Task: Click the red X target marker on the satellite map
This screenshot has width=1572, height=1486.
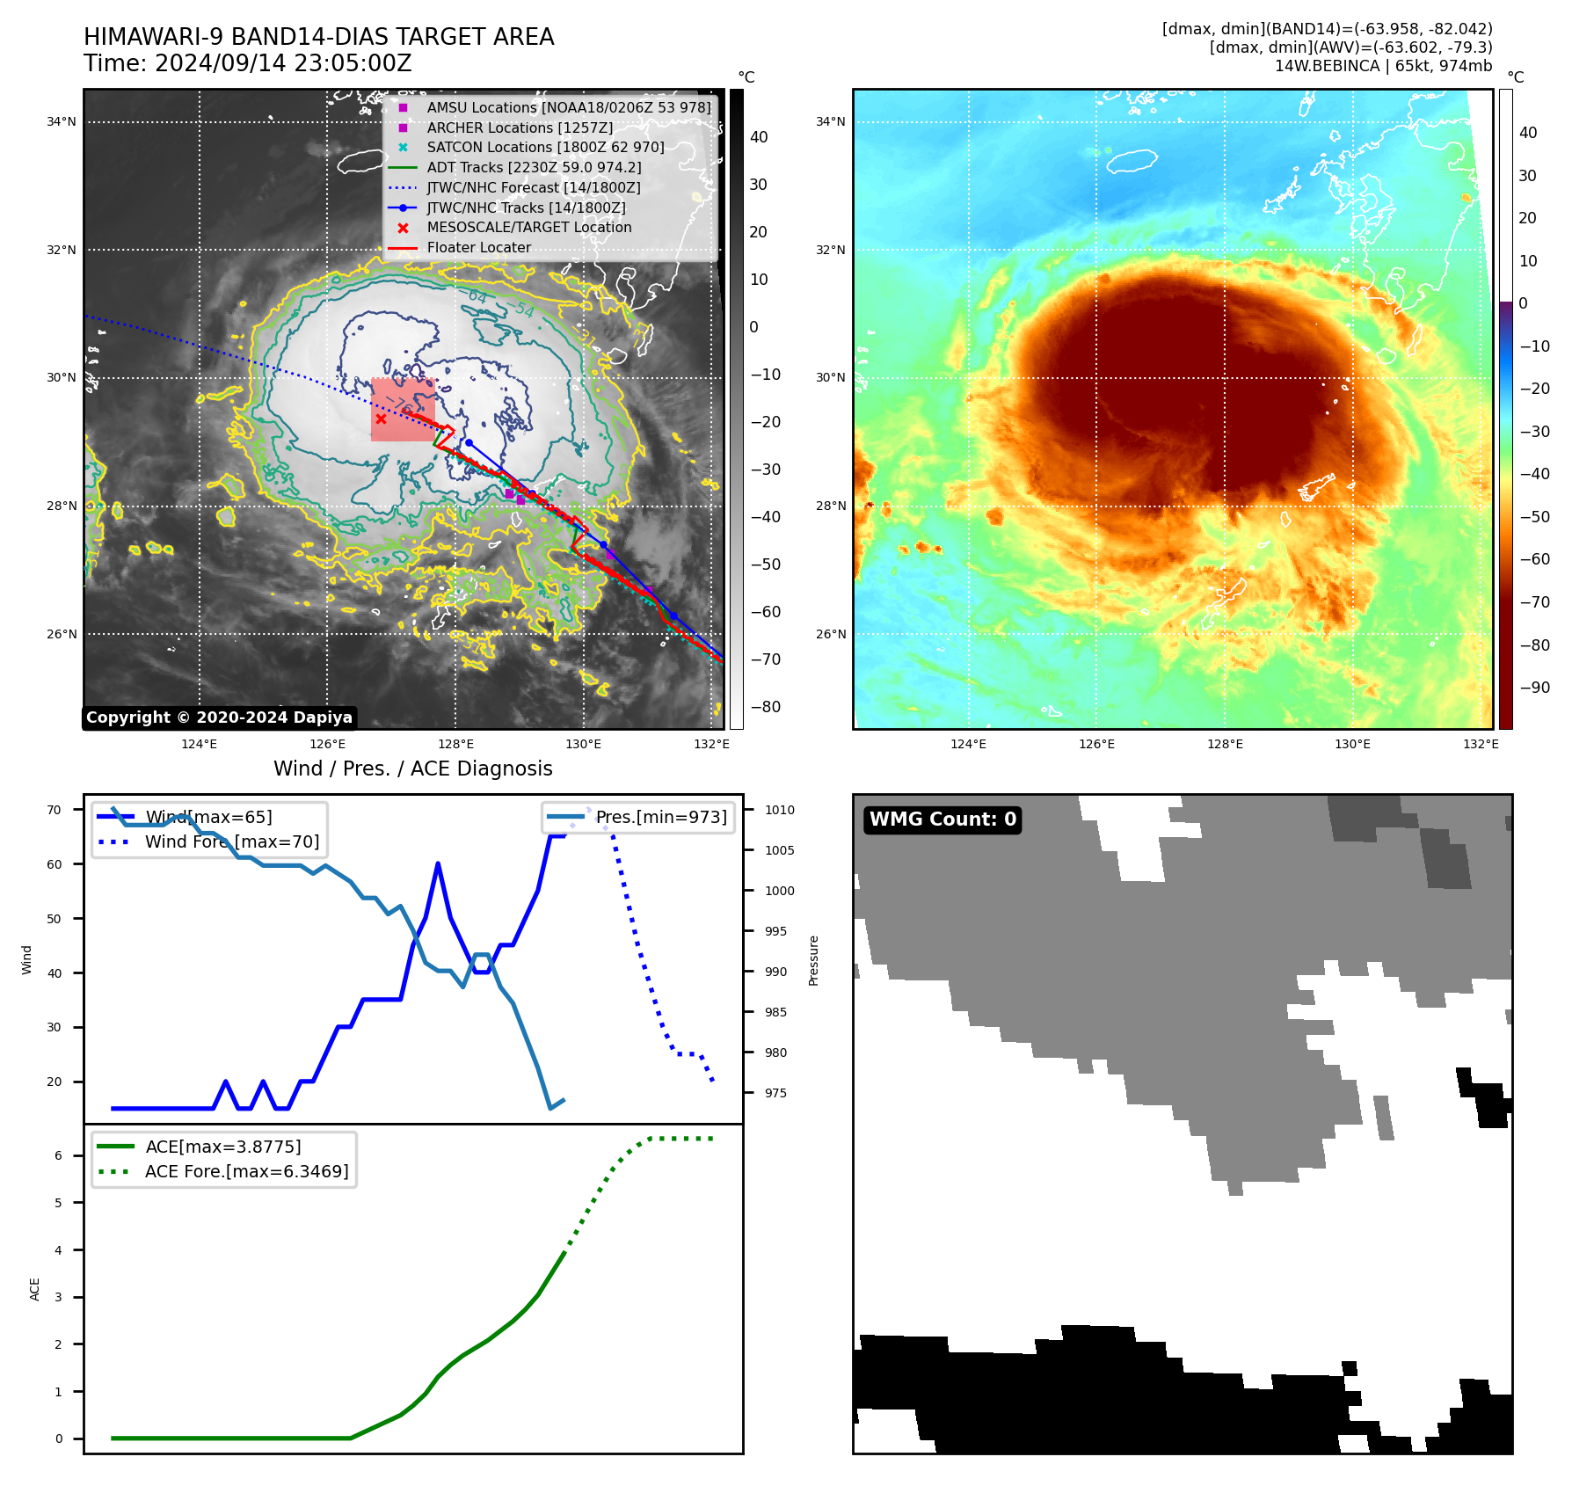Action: click(x=381, y=419)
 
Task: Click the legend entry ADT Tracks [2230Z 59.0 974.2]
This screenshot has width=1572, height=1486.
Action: click(x=534, y=167)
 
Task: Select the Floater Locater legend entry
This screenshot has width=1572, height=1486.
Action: click(x=478, y=248)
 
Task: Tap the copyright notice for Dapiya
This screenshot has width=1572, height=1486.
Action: click(x=219, y=718)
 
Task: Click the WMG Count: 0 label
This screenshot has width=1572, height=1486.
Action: click(x=942, y=819)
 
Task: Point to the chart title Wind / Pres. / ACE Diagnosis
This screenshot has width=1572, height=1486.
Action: click(x=412, y=768)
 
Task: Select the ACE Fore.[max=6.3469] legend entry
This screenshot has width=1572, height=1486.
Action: click(x=246, y=1171)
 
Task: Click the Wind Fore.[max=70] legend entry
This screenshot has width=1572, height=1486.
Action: click(x=232, y=842)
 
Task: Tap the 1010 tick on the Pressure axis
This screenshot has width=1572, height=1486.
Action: click(x=779, y=810)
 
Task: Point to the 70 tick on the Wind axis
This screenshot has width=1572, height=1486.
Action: click(x=55, y=810)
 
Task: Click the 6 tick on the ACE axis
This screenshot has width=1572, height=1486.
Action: click(x=59, y=1155)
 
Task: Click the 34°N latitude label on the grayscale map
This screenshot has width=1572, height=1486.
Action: click(x=62, y=122)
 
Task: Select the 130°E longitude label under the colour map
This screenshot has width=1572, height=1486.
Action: click(x=1352, y=744)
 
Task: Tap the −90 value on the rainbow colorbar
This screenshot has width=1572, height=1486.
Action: click(x=1534, y=688)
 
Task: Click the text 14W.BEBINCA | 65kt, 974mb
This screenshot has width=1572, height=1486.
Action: click(x=1383, y=66)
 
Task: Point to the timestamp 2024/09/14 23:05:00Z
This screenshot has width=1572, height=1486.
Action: click(x=283, y=63)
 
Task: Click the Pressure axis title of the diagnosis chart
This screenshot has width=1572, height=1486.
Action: click(x=814, y=960)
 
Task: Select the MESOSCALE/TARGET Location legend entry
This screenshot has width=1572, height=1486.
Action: click(x=528, y=228)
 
